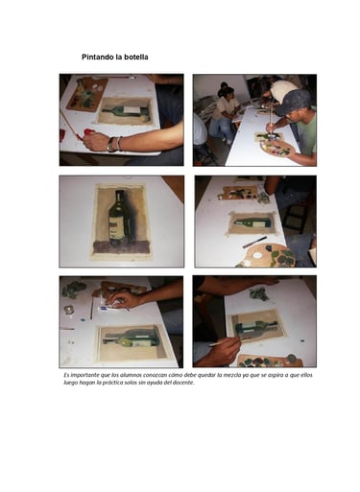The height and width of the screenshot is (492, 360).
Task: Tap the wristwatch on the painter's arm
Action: (x=111, y=145)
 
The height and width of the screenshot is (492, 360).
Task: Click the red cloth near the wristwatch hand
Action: (x=88, y=133)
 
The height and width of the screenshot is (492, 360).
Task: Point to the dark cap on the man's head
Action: (x=293, y=102)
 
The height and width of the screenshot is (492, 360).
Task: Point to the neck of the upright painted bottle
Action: (x=120, y=199)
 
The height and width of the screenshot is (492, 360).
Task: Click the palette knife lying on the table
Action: (x=254, y=242)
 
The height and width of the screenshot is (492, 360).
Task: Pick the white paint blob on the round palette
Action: (x=256, y=255)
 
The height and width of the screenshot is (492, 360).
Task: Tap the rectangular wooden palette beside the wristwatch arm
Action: (x=87, y=94)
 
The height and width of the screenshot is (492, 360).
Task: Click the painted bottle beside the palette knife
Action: (x=252, y=223)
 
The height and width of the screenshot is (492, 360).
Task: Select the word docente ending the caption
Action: (x=183, y=383)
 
